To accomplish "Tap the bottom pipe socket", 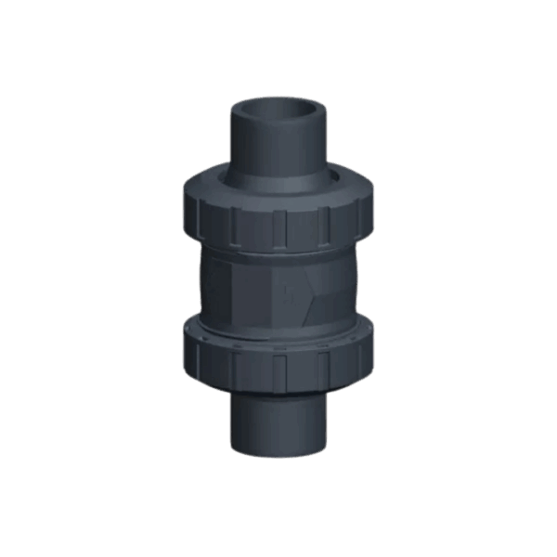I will pos(278,418).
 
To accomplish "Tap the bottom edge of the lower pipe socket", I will pos(278,455).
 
